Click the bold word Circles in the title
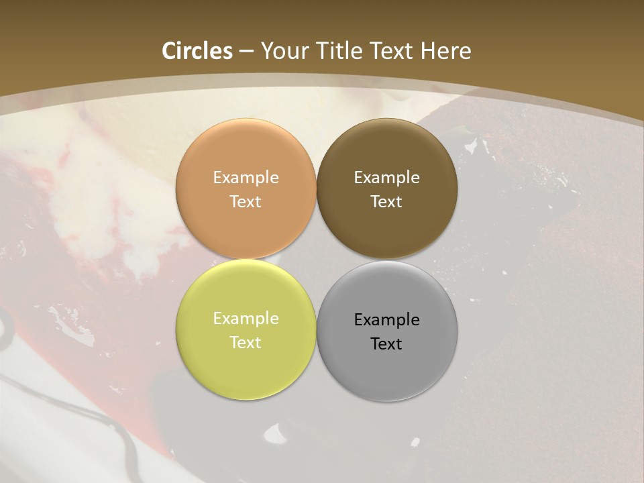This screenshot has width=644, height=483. [x=197, y=51]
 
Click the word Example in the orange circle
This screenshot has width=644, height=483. [x=246, y=178]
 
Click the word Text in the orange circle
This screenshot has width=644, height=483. [x=246, y=202]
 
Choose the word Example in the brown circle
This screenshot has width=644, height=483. [x=387, y=178]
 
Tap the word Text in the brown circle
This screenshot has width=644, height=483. [x=387, y=202]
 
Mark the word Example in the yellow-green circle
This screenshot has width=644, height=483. [x=246, y=319]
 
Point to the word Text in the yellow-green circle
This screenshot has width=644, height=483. [x=246, y=343]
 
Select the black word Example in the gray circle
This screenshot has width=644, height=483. [x=387, y=320]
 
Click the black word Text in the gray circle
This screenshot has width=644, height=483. [x=387, y=344]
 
